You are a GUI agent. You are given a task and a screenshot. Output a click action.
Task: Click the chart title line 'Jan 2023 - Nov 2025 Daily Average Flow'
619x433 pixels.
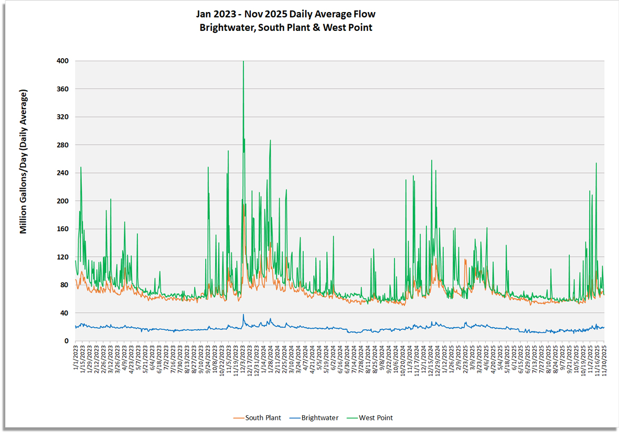pos(286,14)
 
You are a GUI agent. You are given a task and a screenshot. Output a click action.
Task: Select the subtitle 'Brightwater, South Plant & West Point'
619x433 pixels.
pos(286,28)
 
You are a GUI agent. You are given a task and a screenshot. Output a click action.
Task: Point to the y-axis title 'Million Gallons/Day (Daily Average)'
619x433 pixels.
pos(24,161)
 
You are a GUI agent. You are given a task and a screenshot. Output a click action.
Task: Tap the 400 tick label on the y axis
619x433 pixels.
pos(62,61)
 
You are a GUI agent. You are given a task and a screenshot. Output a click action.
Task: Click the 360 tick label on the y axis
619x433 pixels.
pos(62,89)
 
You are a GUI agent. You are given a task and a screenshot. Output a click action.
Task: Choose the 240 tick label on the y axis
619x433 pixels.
pos(62,173)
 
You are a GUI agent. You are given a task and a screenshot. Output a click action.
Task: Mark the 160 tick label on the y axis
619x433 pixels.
pos(62,229)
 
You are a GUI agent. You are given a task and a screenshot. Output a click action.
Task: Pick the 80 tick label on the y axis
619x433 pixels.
pos(65,285)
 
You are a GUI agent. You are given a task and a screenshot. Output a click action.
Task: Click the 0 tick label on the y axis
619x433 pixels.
pos(67,341)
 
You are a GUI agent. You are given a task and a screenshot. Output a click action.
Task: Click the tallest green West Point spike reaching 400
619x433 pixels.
pos(243,62)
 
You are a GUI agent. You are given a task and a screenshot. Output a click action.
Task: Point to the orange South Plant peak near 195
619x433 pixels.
pos(244,204)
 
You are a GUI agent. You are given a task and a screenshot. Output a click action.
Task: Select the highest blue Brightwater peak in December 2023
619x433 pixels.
pos(243,315)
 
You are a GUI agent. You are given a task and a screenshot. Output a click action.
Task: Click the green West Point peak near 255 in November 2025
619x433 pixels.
pos(596,163)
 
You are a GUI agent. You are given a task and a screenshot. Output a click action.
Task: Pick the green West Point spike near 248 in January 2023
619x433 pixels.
pos(81,168)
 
